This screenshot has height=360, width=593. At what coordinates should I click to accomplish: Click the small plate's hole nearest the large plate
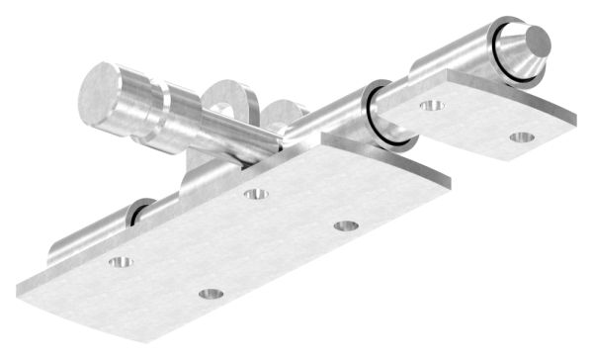click(431, 104)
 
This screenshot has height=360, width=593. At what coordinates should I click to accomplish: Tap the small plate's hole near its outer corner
click(523, 136)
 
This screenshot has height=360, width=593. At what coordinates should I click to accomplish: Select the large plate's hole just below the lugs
click(257, 194)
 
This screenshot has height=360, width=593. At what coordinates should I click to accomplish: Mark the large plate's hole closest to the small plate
click(345, 225)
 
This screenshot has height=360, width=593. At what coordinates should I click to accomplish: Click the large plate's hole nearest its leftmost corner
click(120, 263)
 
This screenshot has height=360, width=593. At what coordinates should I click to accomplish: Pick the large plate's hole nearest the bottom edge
click(209, 294)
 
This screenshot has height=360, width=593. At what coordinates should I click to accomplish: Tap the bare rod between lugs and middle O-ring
click(331, 119)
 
